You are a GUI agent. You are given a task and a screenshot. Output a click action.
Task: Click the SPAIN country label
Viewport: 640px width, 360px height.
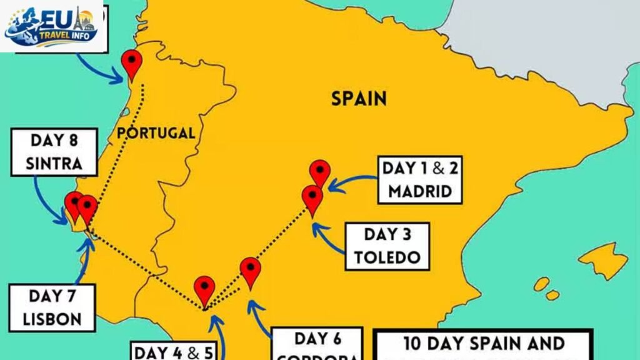(x=359, y=98)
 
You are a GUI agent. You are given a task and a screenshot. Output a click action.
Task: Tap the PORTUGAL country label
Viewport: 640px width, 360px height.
(x=156, y=132)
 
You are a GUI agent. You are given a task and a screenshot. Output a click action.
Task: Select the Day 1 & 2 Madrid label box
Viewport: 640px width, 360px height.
(x=419, y=179)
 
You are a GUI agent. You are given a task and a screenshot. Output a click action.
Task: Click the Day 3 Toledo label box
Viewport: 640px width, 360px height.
(x=387, y=246)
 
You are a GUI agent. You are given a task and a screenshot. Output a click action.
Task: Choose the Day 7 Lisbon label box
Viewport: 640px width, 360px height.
(x=52, y=307)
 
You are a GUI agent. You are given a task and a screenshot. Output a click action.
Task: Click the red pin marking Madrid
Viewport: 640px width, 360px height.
(x=320, y=172)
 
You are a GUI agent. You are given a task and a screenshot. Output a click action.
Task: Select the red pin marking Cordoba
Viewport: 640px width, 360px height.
(x=251, y=270)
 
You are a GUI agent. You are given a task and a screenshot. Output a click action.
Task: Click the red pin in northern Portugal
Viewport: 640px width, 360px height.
(x=132, y=62)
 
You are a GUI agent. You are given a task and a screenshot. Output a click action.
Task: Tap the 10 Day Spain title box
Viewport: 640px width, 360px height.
(x=483, y=344)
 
